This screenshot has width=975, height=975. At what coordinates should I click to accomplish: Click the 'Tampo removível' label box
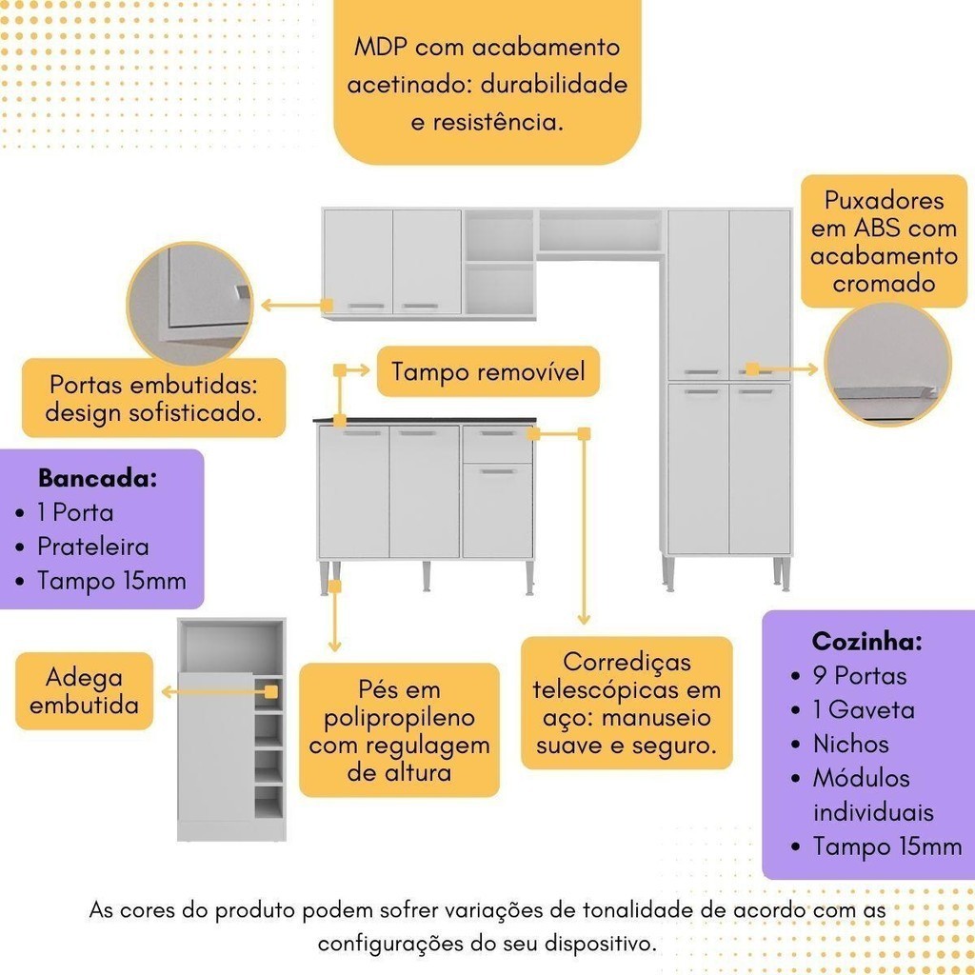coord(488,371)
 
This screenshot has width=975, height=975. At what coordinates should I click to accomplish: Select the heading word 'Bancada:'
coord(97,478)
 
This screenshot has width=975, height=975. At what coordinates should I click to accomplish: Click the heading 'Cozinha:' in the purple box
coord(866,641)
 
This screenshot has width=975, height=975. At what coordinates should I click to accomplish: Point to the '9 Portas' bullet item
coord(860,676)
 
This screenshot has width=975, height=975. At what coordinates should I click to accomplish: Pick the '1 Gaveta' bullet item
coord(864,710)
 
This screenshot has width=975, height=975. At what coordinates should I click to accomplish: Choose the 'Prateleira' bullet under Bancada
coord(92,547)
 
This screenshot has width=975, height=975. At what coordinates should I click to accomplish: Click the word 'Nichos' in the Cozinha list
coord(850,745)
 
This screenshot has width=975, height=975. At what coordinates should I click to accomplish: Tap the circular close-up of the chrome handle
coord(887,365)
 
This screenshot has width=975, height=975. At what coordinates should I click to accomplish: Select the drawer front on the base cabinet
coord(497,445)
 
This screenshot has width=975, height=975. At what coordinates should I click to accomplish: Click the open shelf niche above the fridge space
coord(600,231)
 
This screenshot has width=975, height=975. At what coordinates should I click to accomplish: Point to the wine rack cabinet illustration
coord(231,729)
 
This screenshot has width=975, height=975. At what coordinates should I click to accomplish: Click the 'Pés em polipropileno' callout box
coord(399,729)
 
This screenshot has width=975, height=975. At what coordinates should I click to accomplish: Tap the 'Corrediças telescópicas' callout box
coord(627,704)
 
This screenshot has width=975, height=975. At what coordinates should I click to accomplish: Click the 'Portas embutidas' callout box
coord(153,398)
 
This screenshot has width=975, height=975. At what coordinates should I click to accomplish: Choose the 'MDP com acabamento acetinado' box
coord(487,84)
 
